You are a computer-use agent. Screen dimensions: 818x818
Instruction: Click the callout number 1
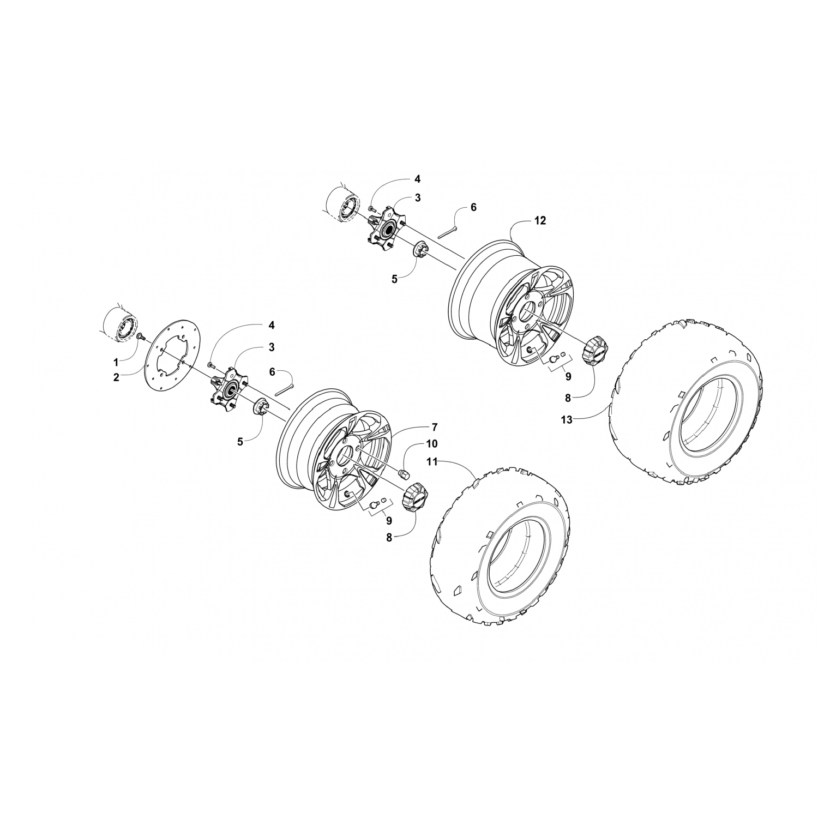tap(116, 362)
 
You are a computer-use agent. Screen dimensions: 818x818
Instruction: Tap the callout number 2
tap(116, 377)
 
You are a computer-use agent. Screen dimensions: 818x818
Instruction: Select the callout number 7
tap(435, 425)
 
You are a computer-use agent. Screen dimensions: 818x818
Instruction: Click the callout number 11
tap(432, 462)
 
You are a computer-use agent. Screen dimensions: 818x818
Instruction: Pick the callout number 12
tap(525, 221)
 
